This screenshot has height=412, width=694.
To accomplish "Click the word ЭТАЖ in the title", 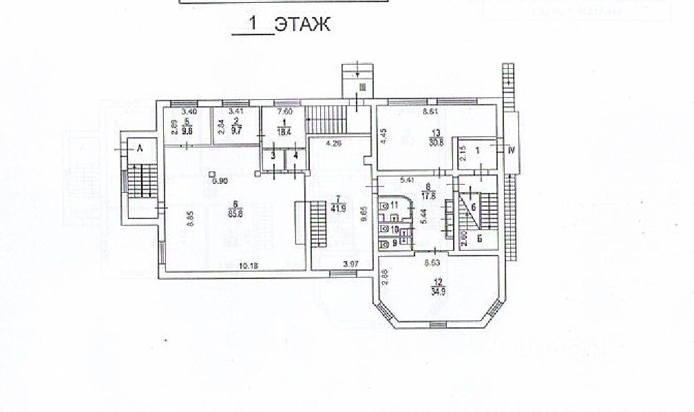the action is [302, 25].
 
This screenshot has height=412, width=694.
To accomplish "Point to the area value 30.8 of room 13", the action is [435, 143].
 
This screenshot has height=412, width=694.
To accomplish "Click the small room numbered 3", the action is [273, 157].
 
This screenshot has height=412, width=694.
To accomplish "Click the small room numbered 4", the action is [295, 157].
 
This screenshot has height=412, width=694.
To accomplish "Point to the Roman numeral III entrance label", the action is [361, 86].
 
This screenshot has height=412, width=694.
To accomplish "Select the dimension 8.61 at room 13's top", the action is [431, 110].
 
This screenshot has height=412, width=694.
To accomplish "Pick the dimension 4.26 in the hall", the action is [334, 144].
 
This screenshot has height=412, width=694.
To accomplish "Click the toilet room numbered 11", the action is [395, 205].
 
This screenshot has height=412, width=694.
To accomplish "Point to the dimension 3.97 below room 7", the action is [351, 264].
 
